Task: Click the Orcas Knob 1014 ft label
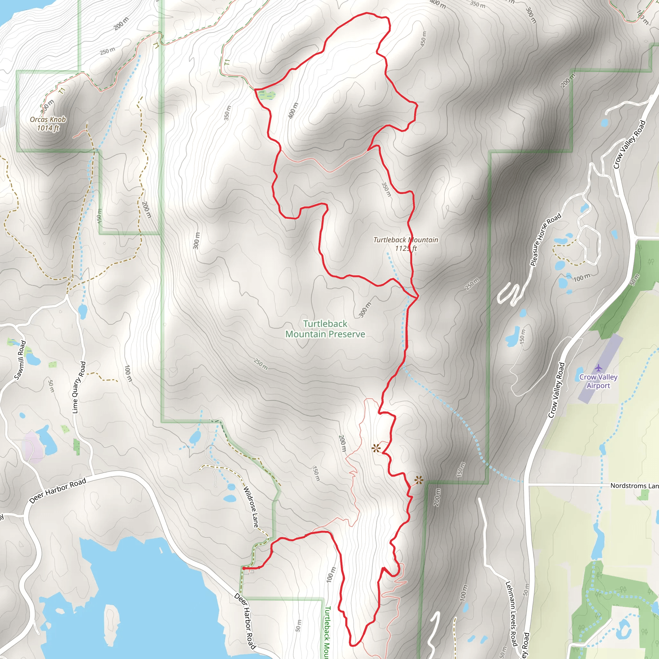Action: (x=48, y=124)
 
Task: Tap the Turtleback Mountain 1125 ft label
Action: (x=405, y=244)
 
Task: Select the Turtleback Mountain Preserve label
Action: (x=325, y=329)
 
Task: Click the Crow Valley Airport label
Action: (x=598, y=381)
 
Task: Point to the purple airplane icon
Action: (x=598, y=368)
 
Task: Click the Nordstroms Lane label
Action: (x=634, y=485)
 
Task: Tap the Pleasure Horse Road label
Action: (x=546, y=239)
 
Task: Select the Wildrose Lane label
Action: (x=251, y=507)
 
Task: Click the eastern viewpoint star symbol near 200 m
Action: (x=419, y=481)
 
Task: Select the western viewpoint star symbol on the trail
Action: (x=376, y=449)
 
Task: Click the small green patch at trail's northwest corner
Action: (x=267, y=95)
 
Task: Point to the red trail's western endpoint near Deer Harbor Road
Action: (x=243, y=568)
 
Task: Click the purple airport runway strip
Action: (x=600, y=368)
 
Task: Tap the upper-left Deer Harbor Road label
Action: (x=58, y=491)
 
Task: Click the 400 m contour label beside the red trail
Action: (x=293, y=110)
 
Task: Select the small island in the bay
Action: (x=112, y=618)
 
